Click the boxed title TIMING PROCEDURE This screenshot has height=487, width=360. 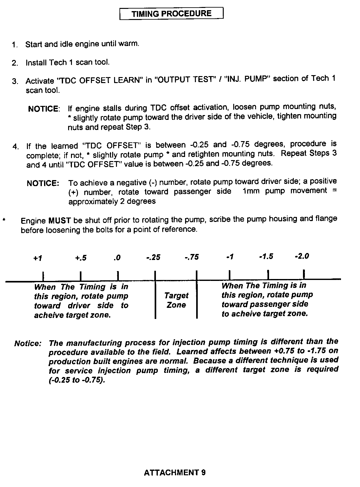click(171, 14)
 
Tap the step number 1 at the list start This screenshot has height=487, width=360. click(14, 45)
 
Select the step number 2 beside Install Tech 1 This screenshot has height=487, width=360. click(14, 63)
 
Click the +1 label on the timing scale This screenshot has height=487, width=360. click(38, 258)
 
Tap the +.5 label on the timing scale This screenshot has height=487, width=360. click(81, 258)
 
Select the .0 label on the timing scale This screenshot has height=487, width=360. click(117, 257)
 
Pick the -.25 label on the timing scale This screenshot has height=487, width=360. click(153, 257)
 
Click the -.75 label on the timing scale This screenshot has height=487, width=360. click(192, 257)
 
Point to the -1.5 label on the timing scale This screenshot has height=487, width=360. click(266, 256)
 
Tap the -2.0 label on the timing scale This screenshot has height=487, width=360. click(302, 256)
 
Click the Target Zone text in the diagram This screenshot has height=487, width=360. click(176, 300)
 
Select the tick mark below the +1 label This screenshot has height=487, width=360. click(43, 276)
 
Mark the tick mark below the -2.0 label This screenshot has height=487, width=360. click(304, 274)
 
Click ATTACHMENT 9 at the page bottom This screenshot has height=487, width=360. click(175, 473)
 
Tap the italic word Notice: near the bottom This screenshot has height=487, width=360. click(28, 344)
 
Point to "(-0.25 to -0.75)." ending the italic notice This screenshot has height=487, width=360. click(77, 380)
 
